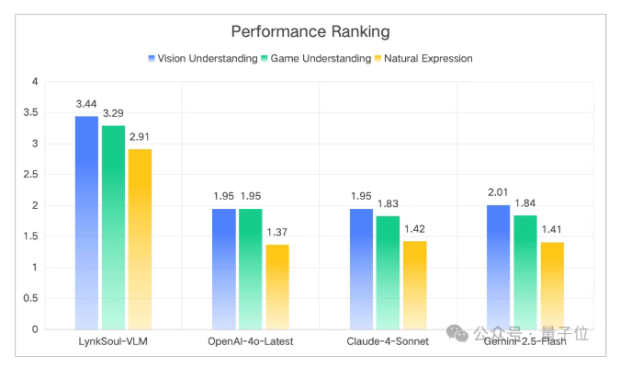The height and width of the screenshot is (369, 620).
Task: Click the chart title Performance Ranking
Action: [x=310, y=31]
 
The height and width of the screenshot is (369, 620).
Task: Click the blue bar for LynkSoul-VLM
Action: [x=86, y=222]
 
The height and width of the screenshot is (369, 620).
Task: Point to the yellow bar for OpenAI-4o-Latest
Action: [x=276, y=286]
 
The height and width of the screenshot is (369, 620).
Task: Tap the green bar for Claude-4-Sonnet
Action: [x=388, y=271]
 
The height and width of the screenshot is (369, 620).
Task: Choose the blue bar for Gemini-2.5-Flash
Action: [x=498, y=266]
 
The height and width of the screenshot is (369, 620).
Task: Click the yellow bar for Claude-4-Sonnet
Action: [x=414, y=284]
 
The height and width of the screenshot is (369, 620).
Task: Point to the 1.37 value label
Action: [x=276, y=234]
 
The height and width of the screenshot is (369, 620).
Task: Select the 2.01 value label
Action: [x=498, y=194]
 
